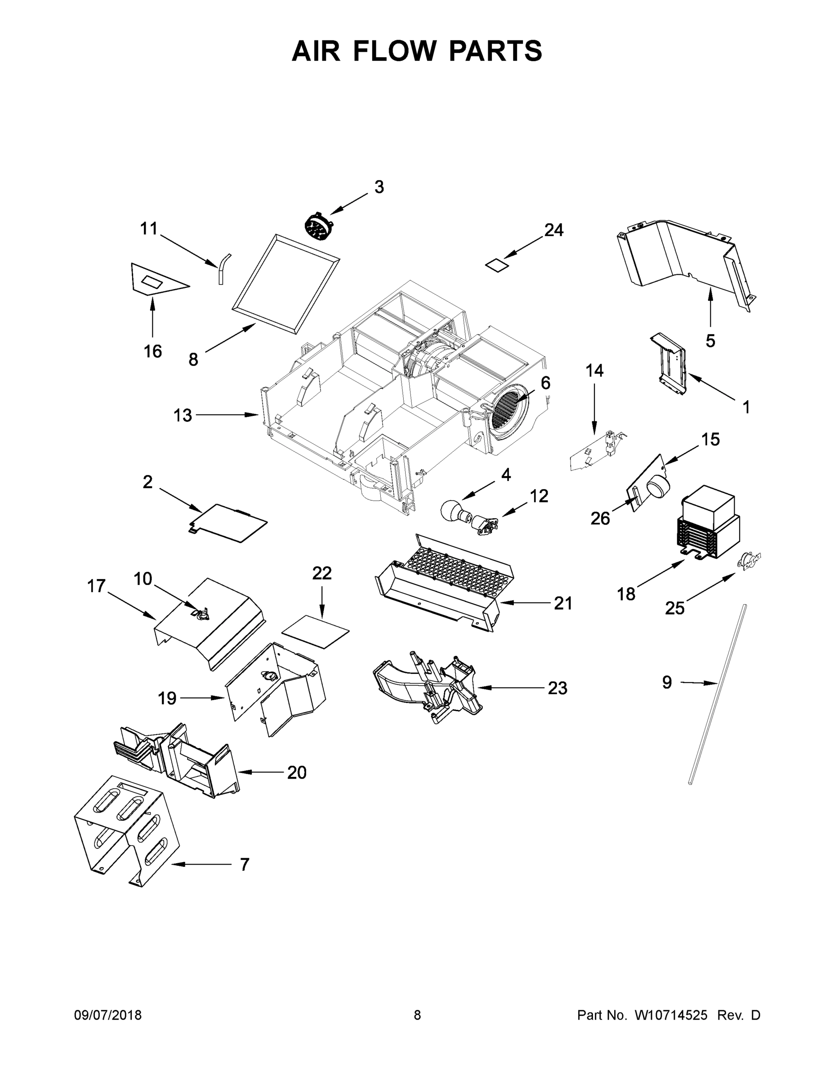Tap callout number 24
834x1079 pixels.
[x=554, y=230]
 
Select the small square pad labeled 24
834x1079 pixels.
[x=497, y=265]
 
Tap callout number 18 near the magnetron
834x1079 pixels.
[x=626, y=594]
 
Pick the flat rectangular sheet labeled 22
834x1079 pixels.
[x=315, y=631]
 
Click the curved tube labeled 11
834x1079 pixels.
[x=223, y=268]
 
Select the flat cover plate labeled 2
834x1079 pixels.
[x=229, y=522]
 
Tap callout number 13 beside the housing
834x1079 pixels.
[x=183, y=415]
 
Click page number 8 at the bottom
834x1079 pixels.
[x=417, y=1015]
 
